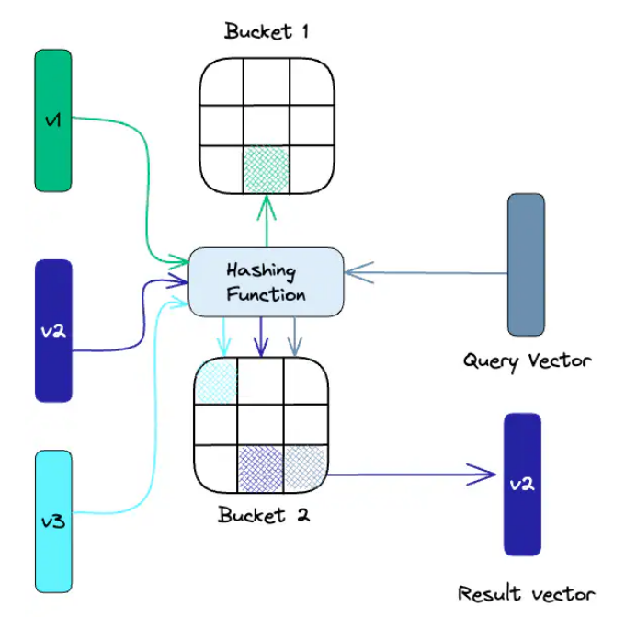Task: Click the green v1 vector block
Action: tap(53, 120)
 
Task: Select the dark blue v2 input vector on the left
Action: tap(53, 330)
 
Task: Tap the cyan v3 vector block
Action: tap(53, 521)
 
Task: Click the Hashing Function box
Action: tap(266, 282)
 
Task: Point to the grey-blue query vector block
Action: tap(526, 264)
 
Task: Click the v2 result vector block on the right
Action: tap(522, 484)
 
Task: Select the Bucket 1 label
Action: tap(267, 31)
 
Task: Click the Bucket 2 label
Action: tap(264, 514)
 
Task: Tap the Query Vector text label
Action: tap(527, 360)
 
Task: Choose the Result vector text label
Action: tap(526, 593)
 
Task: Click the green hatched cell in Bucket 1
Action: tap(266, 169)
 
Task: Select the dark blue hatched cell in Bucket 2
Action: tap(260, 467)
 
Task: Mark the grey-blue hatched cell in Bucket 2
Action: tap(304, 467)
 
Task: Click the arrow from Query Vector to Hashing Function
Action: tap(423, 273)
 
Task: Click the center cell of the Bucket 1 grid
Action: tap(266, 126)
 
